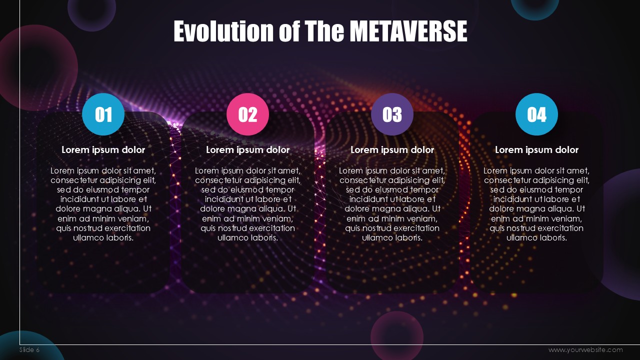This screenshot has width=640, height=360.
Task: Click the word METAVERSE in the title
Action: coord(408,31)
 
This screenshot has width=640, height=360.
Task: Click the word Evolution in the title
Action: coord(223,31)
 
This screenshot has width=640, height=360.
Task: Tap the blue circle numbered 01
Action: coord(103,114)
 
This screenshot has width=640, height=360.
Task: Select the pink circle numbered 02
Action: coord(247,114)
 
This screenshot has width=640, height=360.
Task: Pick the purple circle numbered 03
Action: coord(392,114)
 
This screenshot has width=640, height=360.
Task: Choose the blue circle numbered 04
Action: coord(536,114)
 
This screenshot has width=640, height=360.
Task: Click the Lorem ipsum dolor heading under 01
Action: coord(103,149)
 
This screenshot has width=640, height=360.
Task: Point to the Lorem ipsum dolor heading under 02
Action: coord(247,149)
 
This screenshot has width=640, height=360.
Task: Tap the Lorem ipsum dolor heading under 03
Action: coord(392,149)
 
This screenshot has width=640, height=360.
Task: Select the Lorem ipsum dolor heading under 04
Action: coord(536,149)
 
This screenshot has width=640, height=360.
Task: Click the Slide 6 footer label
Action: coord(29,349)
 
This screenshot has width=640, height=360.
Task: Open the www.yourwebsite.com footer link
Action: coord(585,349)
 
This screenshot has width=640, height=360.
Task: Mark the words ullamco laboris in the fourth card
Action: coord(536,237)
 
